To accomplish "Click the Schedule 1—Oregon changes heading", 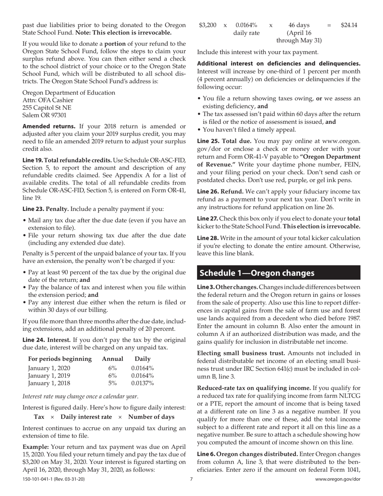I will point(257,273).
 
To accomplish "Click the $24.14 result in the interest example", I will point(349,25).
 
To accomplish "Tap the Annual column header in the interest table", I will point(113,359).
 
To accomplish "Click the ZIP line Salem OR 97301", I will point(44,115).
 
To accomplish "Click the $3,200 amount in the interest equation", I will point(208,25).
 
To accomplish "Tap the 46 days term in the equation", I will point(299,25).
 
